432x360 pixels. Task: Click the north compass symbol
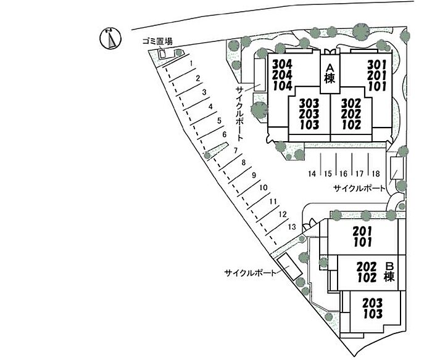(x=110, y=38)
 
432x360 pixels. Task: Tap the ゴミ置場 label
(x=157, y=41)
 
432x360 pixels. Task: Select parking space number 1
(x=191, y=63)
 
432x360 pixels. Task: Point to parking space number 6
(x=224, y=134)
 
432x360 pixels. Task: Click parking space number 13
(x=292, y=227)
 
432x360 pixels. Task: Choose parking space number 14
(x=312, y=174)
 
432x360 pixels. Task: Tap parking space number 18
(x=376, y=174)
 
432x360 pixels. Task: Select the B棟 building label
(x=389, y=272)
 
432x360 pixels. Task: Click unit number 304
(x=283, y=64)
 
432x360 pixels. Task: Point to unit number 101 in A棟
(x=377, y=86)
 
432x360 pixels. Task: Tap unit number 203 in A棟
(x=309, y=114)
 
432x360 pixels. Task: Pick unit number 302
(x=351, y=103)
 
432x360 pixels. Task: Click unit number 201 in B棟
(x=363, y=231)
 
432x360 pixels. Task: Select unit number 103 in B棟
(x=373, y=314)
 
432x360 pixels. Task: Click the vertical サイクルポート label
(x=239, y=113)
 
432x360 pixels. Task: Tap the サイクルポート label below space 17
(x=359, y=188)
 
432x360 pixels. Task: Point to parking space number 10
(x=264, y=187)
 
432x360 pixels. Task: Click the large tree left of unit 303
(x=259, y=110)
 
